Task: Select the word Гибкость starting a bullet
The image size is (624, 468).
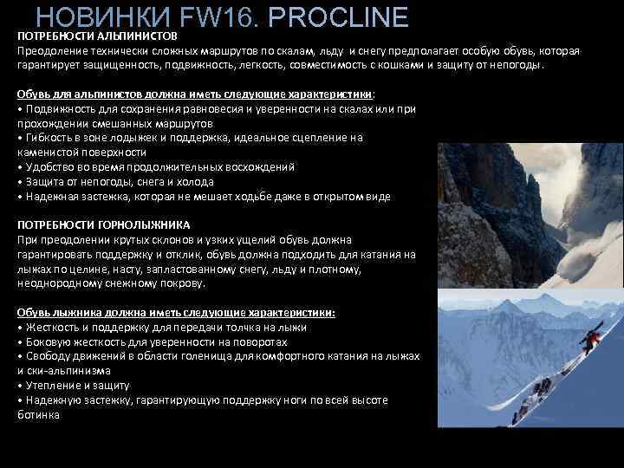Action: point(48,138)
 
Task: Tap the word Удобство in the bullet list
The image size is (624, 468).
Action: point(50,167)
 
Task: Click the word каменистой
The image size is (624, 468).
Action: point(46,152)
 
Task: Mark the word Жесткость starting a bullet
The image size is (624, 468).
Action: point(52,328)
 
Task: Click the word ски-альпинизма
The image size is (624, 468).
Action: point(68,370)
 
